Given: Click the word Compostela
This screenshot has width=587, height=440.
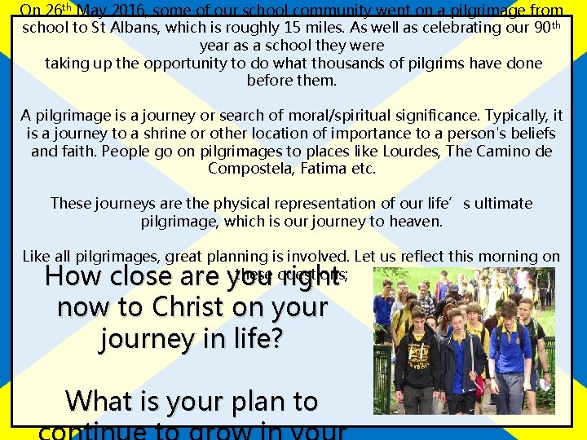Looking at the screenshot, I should click(245, 169).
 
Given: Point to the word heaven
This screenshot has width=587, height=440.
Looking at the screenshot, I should click(417, 221).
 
